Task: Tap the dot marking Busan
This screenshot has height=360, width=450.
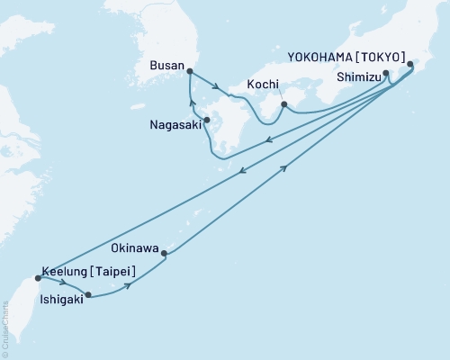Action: pos(189,70)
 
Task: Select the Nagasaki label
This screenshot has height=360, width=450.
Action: pos(175,128)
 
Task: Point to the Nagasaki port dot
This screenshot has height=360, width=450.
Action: pos(207,120)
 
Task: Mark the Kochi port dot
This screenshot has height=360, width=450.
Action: pos(283,104)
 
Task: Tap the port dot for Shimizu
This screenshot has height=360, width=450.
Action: pos(386,73)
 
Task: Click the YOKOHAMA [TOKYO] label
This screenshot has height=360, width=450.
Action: pos(346,55)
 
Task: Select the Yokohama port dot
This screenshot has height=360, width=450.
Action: pos(411,64)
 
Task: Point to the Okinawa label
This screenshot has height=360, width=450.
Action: pos(135,244)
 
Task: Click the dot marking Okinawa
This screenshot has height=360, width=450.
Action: pos(164,254)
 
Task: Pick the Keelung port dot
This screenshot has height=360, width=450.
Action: pos(38,278)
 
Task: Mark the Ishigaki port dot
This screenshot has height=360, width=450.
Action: pos(87,294)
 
